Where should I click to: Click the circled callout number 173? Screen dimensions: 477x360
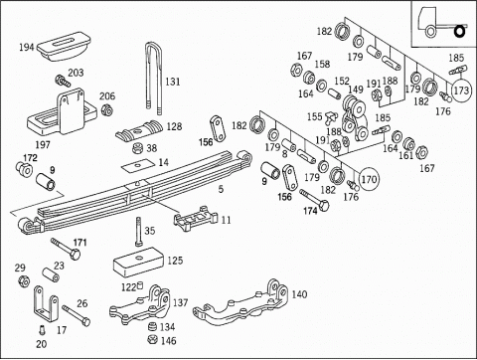point(461,90)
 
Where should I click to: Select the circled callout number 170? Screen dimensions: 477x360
point(369,179)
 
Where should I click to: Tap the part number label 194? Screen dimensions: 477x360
point(27,47)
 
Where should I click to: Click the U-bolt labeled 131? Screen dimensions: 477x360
point(154,78)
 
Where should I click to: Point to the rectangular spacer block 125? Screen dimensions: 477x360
point(138,262)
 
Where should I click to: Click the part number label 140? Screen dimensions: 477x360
point(299,294)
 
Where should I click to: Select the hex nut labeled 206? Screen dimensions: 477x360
point(106,109)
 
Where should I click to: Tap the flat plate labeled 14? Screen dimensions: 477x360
point(138,165)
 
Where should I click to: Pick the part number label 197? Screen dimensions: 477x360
point(43,144)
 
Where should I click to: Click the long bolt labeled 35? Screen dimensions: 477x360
point(139,232)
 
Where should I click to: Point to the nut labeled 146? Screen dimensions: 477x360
point(153,339)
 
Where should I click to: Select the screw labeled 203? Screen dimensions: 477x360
point(63,81)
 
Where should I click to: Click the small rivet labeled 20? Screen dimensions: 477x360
point(42,330)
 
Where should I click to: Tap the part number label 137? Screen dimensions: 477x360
point(180,302)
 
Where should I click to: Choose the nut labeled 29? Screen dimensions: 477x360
point(23,281)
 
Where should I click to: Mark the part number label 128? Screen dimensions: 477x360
point(174,126)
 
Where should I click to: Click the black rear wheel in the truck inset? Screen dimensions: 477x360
point(459,32)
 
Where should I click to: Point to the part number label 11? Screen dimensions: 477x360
point(226,220)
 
